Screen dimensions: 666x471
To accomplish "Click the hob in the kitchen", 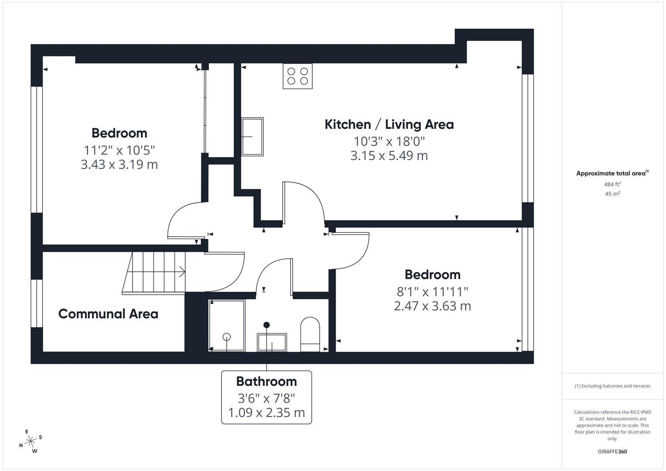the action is [x=297, y=76].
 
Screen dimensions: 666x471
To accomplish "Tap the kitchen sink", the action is [x=253, y=137].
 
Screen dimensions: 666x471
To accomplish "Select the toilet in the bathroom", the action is [x=310, y=334].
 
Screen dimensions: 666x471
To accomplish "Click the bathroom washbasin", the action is [x=272, y=342].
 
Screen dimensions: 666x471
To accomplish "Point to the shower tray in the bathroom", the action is [x=227, y=326].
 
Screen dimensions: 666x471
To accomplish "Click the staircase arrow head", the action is [x=182, y=272].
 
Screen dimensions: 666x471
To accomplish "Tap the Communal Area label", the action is [x=108, y=314].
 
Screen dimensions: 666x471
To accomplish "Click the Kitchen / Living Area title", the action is [x=389, y=125].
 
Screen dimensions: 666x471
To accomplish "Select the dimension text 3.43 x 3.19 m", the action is [x=119, y=164].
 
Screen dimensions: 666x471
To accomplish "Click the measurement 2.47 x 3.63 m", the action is [x=433, y=306].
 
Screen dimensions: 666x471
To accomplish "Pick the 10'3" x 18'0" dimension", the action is [x=389, y=141].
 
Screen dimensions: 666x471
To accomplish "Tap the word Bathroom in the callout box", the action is [x=266, y=382].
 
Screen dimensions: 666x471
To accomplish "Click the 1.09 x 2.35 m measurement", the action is [x=266, y=413].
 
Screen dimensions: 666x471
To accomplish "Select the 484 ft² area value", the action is [x=612, y=184].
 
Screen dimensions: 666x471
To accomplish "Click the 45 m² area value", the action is [x=612, y=194].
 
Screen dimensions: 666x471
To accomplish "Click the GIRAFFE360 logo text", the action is [x=612, y=452].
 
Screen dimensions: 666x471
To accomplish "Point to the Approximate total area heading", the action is [x=612, y=174].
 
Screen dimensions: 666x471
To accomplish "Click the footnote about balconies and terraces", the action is [x=612, y=386].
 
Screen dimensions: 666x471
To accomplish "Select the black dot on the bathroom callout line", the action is [x=266, y=325].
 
